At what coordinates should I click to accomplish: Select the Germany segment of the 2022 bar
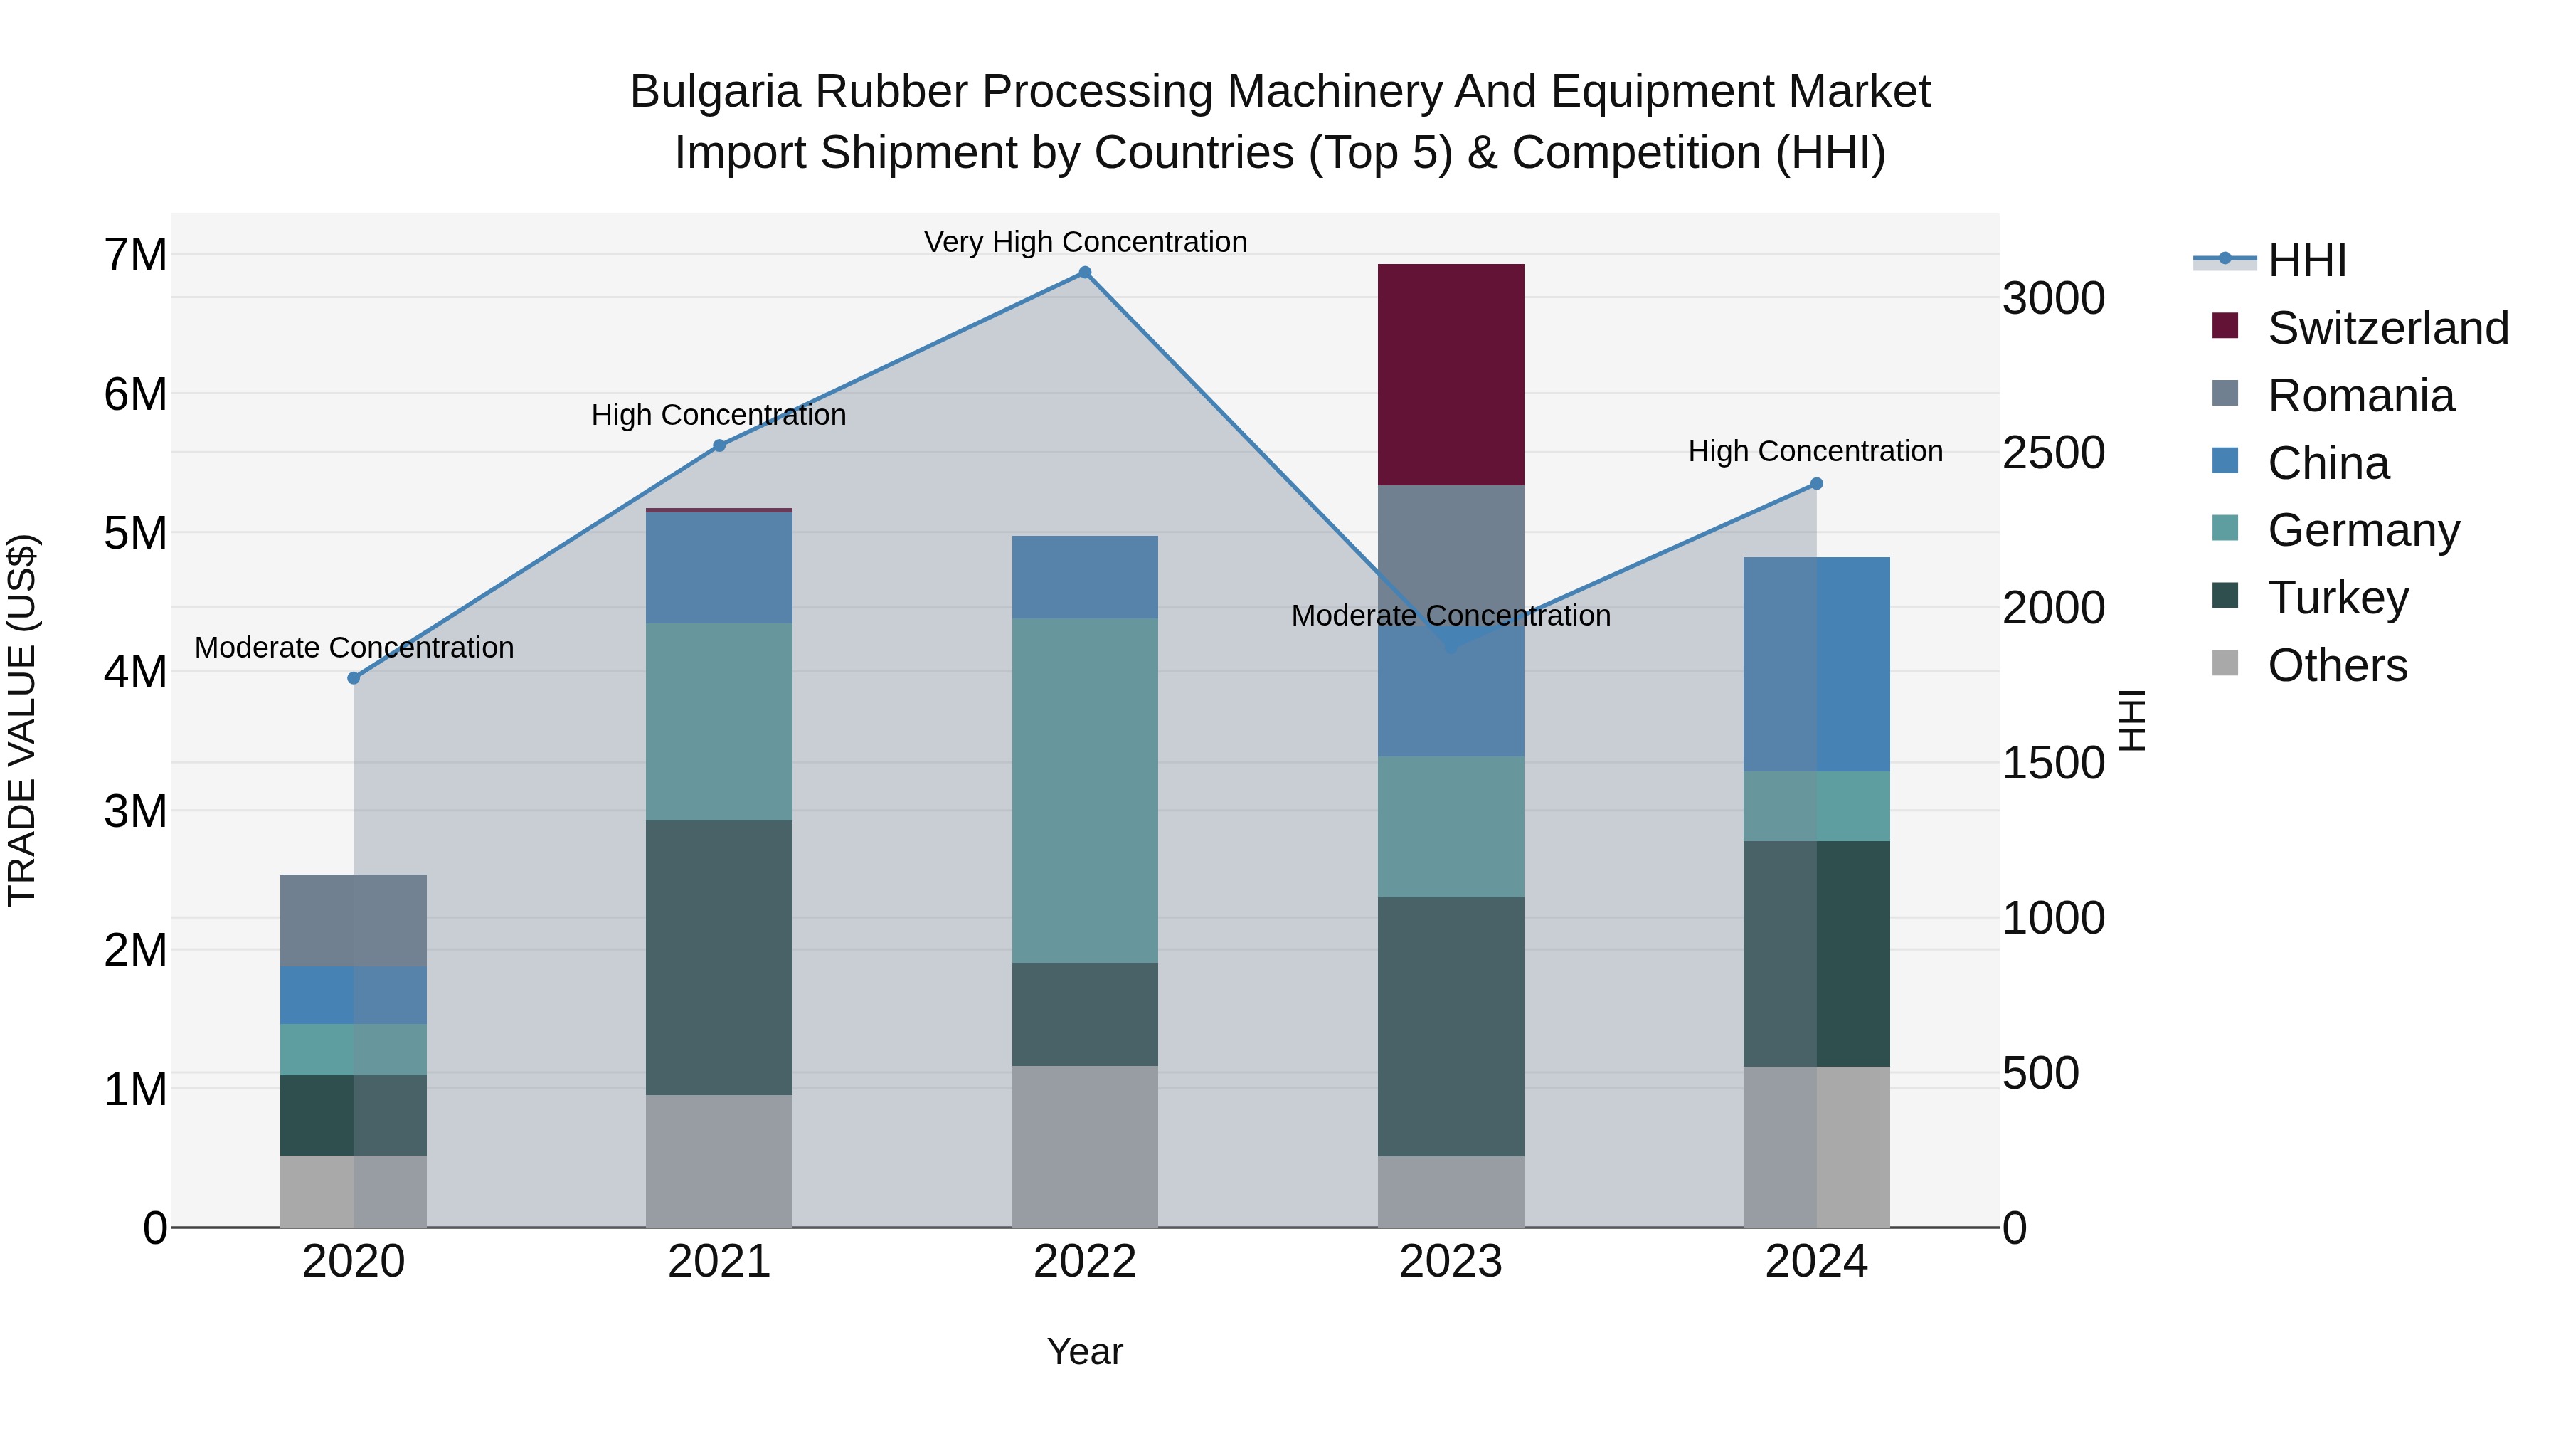tap(1085, 790)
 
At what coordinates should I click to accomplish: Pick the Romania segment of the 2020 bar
tap(353, 920)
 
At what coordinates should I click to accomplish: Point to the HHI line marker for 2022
tap(1085, 273)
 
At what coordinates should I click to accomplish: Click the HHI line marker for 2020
tap(353, 678)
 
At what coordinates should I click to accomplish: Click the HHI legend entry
tap(2306, 260)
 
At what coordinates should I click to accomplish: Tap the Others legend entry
tap(2336, 665)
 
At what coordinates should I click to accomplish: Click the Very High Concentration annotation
tap(1085, 242)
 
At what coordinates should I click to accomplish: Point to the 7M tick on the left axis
tap(136, 255)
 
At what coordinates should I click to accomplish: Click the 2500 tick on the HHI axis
tap(2053, 453)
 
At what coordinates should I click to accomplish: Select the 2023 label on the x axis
tap(1451, 1262)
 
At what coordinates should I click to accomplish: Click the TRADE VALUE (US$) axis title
tap(22, 720)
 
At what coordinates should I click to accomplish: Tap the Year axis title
tap(1085, 1351)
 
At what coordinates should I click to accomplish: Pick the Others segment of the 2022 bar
tap(1085, 1146)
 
